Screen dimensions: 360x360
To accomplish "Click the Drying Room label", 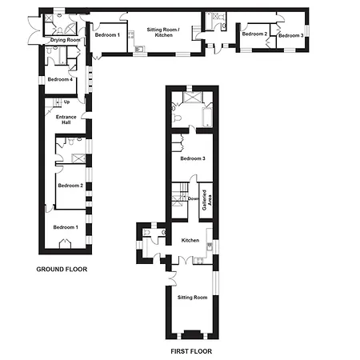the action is click(66, 40).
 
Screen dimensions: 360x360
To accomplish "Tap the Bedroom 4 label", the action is click(60, 79).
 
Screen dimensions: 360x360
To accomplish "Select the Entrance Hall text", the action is click(66, 119).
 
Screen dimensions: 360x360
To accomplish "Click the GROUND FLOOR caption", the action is click(62, 270).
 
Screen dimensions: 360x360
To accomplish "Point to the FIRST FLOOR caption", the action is click(191, 351).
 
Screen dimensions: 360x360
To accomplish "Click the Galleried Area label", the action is click(207, 200).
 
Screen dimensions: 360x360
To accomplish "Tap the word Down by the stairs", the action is click(194, 198).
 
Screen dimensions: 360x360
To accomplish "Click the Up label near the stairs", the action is click(66, 102).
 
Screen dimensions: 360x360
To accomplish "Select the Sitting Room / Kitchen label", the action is click(163, 32).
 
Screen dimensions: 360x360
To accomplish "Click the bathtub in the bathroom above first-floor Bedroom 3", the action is click(207, 118).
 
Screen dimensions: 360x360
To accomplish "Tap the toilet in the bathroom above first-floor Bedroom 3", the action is click(178, 118).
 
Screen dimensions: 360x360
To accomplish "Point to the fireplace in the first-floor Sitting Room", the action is click(193, 334).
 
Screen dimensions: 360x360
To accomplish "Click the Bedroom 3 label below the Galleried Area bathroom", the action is click(193, 158).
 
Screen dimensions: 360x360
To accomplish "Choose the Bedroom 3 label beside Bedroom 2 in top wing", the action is click(291, 35).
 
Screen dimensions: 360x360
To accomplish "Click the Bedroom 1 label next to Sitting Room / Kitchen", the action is click(107, 34).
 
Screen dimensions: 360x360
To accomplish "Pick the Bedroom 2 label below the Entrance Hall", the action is click(70, 186).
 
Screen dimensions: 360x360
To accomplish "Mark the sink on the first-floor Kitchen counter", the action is click(210, 247).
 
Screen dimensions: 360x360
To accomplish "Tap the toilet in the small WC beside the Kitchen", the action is click(146, 232).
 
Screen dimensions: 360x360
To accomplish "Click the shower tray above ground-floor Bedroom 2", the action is click(78, 158).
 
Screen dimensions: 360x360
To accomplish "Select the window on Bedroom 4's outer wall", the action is click(42, 80).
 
